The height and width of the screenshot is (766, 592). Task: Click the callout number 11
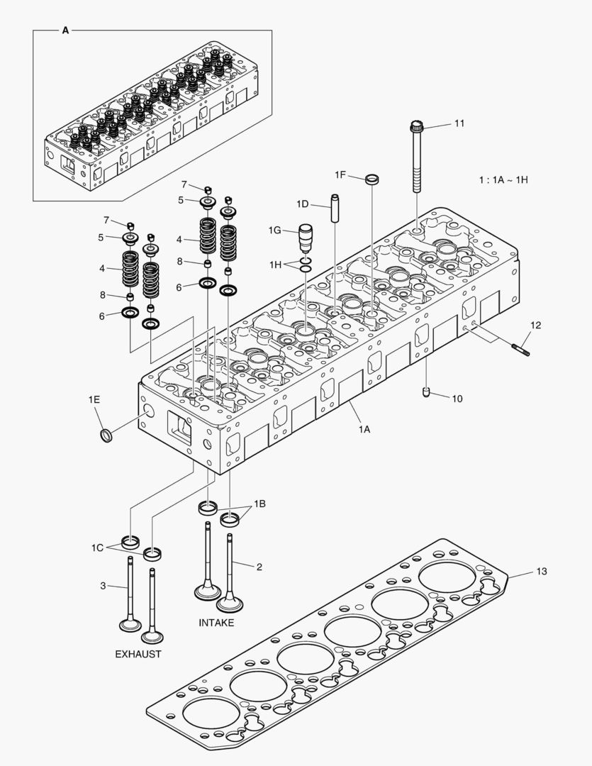pos(459,123)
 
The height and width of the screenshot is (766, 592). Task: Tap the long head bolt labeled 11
pos(417,160)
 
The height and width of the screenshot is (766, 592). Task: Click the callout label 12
pos(535,326)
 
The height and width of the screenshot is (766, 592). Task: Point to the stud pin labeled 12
pos(520,347)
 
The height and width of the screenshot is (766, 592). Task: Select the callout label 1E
pos(94,400)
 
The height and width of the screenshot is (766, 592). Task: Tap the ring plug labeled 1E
pos(106,434)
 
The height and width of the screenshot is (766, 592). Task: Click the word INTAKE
pos(216,623)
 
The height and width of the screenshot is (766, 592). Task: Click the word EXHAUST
pos(138,654)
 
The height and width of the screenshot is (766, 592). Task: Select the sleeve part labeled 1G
pos(307,239)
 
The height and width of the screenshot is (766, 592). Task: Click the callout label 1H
pos(276,264)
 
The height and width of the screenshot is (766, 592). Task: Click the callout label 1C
pos(97,548)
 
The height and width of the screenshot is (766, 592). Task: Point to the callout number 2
pos(259,567)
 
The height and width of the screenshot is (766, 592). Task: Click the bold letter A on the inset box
pos(65,30)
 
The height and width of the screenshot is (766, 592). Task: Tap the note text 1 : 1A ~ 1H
pos(503,179)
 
